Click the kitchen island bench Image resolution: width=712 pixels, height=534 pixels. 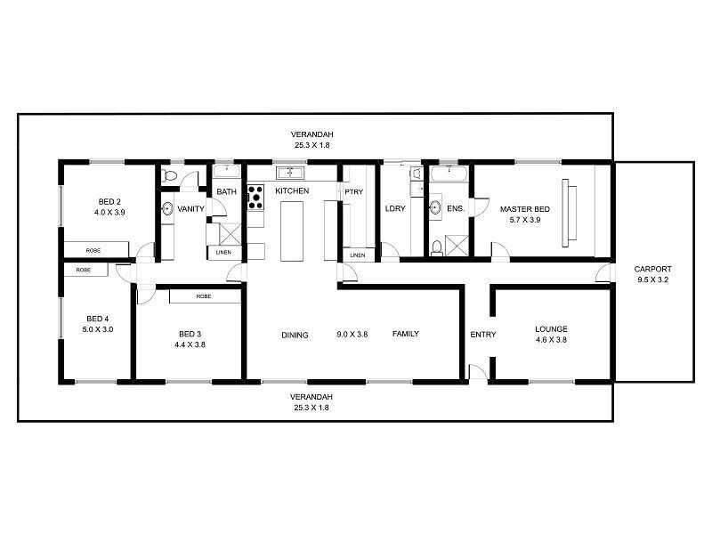293,231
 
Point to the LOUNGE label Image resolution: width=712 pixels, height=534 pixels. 551,328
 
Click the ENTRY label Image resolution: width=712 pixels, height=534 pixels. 482,335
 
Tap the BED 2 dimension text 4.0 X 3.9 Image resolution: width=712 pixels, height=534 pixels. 109,214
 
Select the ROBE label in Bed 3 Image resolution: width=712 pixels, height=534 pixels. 204,295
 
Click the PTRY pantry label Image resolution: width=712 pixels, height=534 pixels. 352,190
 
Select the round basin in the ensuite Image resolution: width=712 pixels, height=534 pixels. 435,208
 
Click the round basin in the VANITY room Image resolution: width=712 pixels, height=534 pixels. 166,209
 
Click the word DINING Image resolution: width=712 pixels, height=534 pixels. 295,336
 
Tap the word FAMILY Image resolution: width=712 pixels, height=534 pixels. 406,334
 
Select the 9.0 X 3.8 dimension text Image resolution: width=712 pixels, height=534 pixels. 352,335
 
